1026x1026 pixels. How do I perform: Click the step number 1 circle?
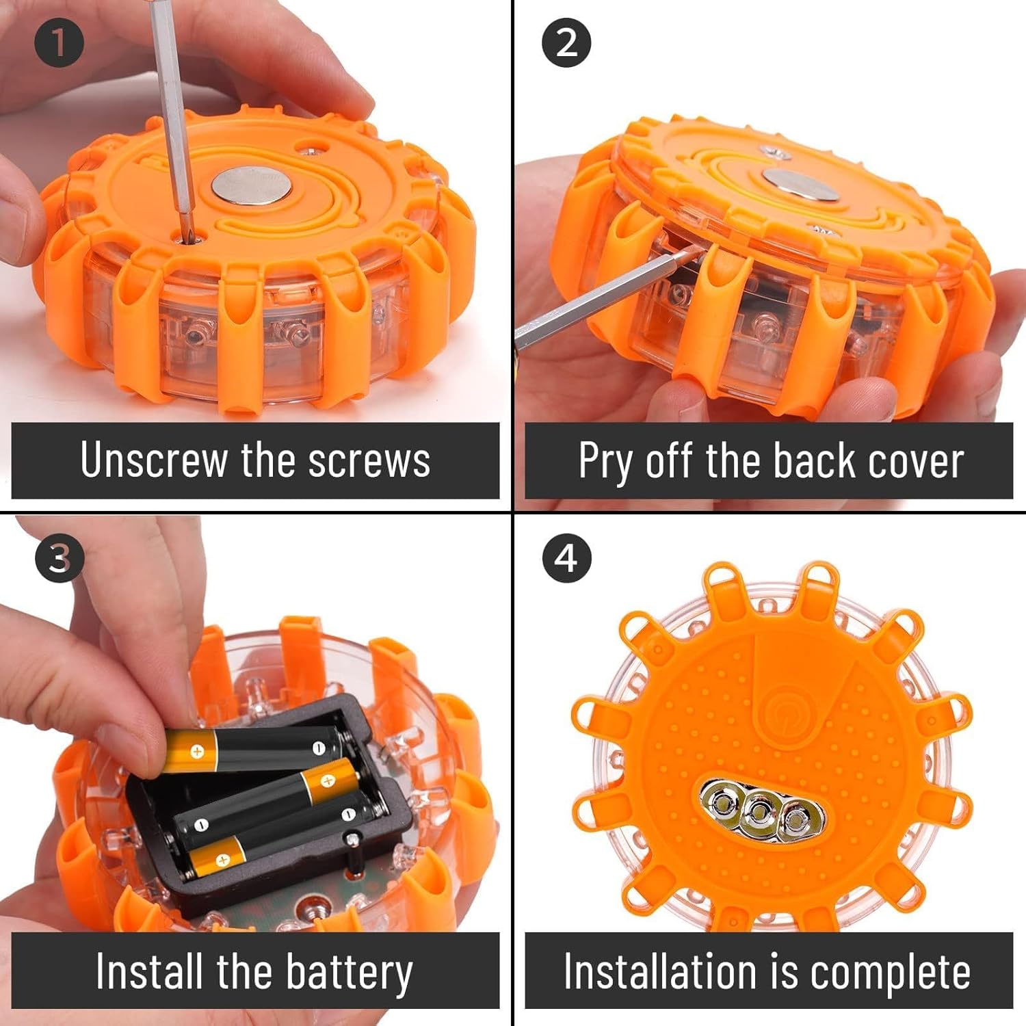(x=59, y=42)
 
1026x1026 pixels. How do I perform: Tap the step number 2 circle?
(x=566, y=42)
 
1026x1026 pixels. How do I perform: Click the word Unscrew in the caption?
(x=153, y=460)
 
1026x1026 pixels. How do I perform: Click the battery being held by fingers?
(x=253, y=749)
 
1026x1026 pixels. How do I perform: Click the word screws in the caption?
(x=369, y=460)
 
